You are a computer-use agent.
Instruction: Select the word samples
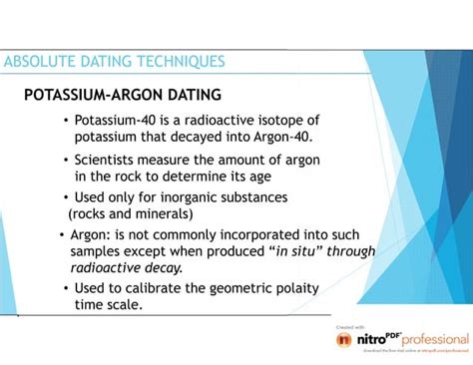98,252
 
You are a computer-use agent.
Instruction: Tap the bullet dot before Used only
66,196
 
